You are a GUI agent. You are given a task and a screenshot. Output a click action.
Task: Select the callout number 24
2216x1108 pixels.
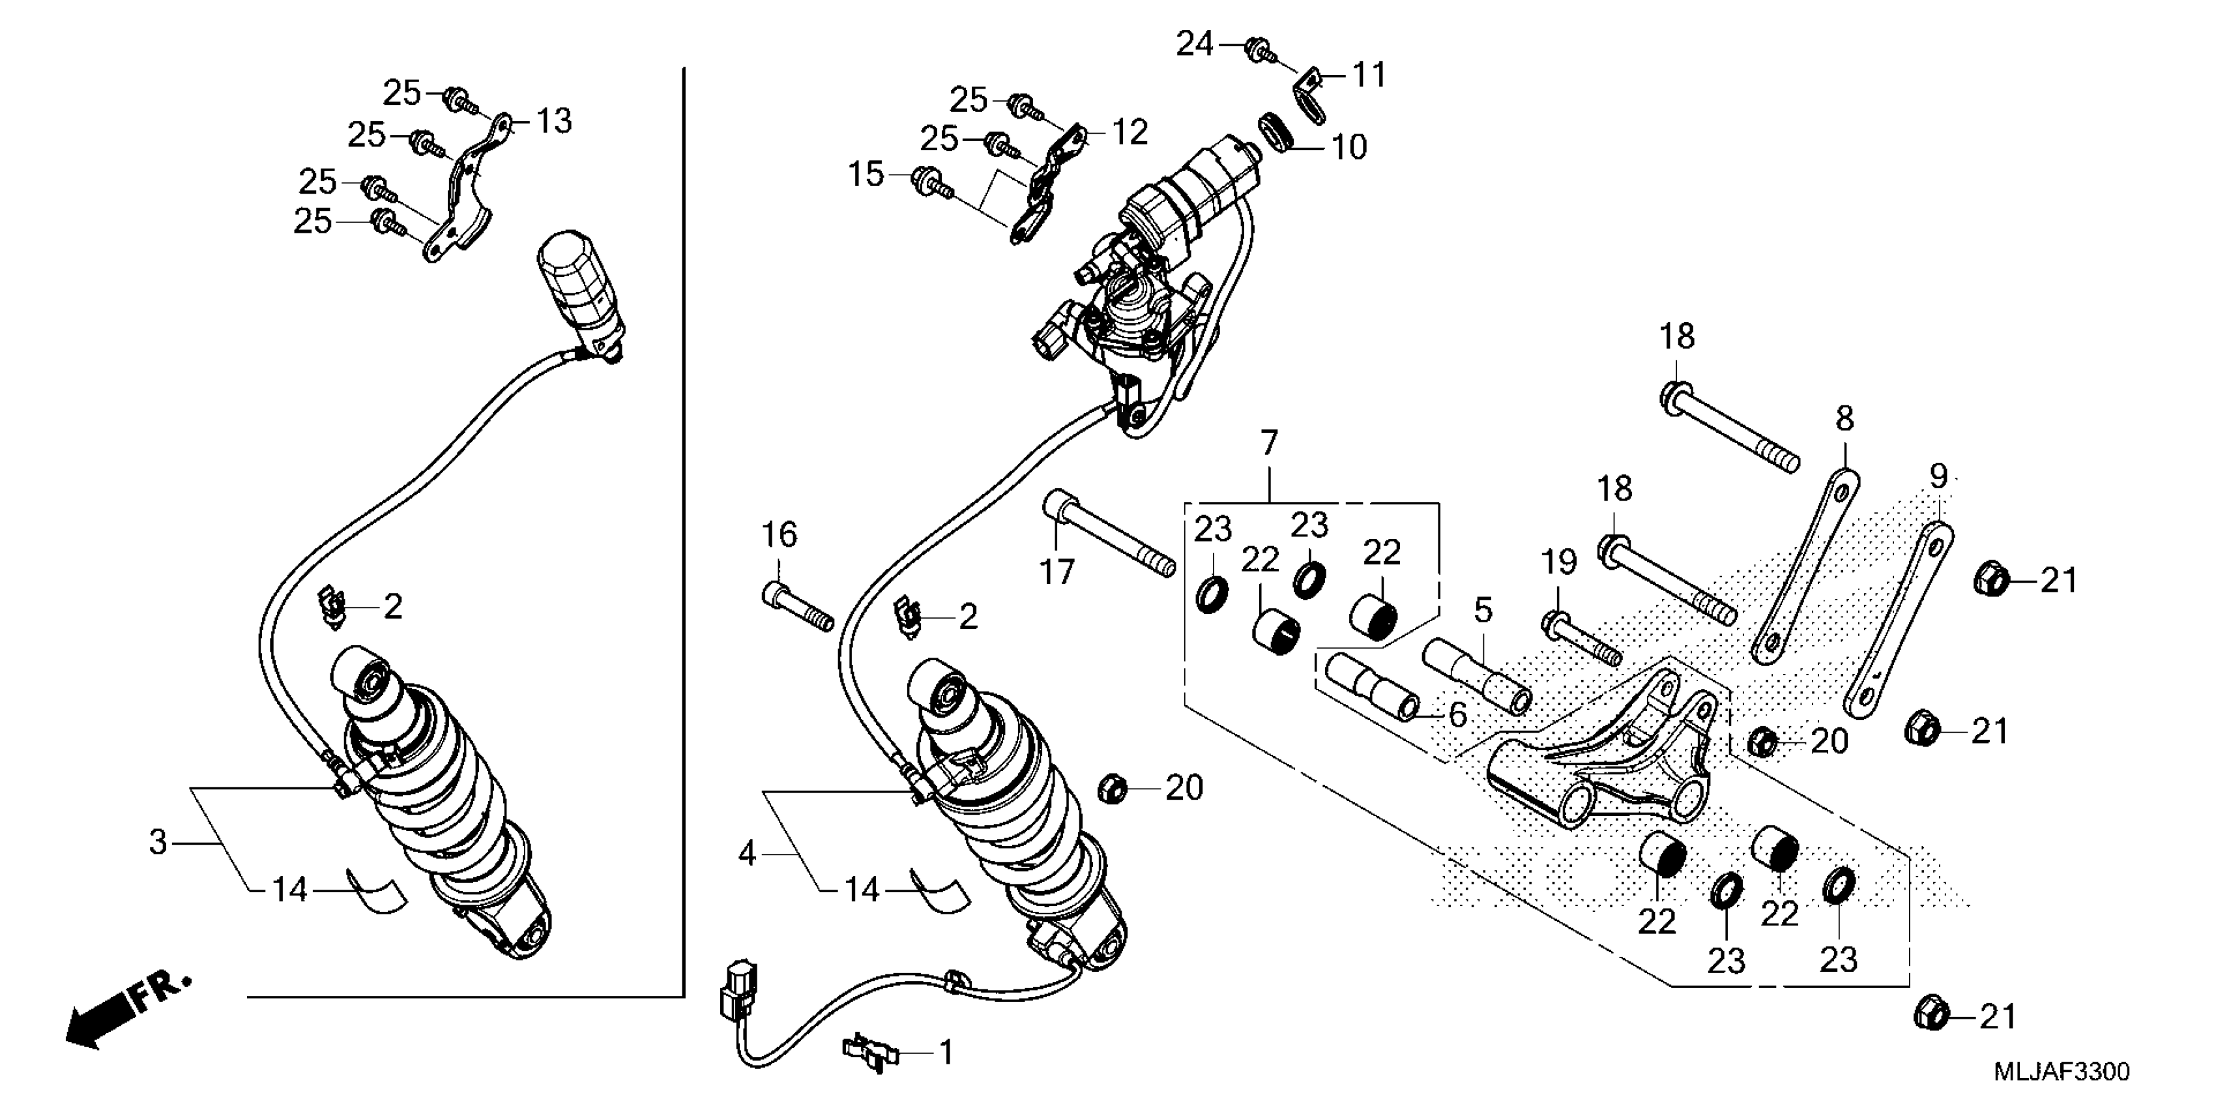(1194, 43)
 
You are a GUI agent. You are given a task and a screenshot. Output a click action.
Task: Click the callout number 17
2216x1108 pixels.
(1057, 570)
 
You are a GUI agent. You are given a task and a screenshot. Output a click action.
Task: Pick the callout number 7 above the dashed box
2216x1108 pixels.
(1270, 443)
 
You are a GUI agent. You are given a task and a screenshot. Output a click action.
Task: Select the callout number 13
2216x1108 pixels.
(553, 121)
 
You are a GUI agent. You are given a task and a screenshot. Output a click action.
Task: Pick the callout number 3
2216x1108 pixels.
(158, 841)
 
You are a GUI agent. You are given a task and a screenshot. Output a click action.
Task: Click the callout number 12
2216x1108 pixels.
(1130, 132)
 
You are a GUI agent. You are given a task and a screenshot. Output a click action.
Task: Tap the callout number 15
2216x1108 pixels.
(866, 175)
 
